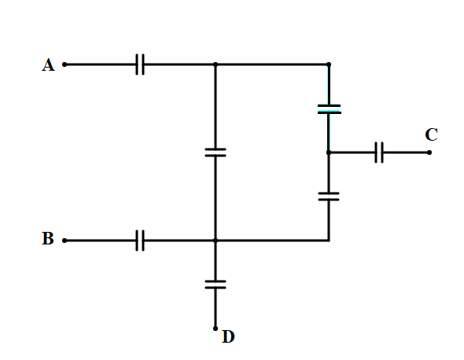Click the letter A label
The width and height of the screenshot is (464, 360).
pos(48,64)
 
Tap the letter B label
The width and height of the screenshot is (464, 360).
pos(48,238)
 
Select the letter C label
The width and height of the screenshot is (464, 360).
pos(431,134)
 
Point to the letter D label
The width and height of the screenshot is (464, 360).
pos(228,336)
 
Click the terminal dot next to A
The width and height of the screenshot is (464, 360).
pos(64,64)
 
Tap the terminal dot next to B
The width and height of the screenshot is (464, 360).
pos(64,241)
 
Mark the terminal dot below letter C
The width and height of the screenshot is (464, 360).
pos(429,152)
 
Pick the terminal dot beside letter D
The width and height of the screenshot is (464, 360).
pos(215,329)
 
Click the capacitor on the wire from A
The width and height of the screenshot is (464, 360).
pos(140,64)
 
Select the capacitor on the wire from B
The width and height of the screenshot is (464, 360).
pos(140,241)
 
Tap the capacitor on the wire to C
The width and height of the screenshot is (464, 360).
pos(379,152)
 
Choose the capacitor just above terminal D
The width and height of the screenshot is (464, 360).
pos(215,285)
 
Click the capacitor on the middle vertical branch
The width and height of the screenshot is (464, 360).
pos(215,152)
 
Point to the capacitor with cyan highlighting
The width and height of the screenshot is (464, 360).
pos(329,108)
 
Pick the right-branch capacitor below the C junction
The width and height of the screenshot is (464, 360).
pos(329,197)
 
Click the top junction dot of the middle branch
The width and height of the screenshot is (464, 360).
pos(215,64)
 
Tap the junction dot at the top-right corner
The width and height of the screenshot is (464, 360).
pos(329,64)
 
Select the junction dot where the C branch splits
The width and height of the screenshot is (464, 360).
pos(329,152)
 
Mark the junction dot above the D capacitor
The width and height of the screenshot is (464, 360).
pos(215,241)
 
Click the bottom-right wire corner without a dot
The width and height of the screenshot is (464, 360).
pos(329,241)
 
